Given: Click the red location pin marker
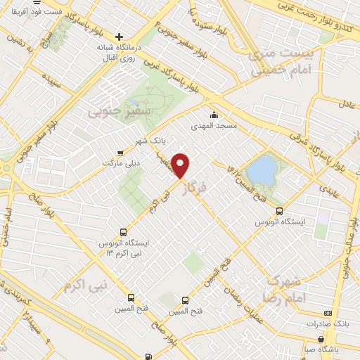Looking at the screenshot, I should pos(182,165).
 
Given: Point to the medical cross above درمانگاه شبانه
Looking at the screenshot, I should pos(120,37).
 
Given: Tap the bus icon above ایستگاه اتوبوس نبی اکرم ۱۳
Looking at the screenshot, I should pos(124,231).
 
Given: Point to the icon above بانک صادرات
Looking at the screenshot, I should pos(326,312).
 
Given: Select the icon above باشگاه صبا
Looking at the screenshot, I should pos(323,337).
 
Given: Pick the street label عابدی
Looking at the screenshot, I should pos(328,189).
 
